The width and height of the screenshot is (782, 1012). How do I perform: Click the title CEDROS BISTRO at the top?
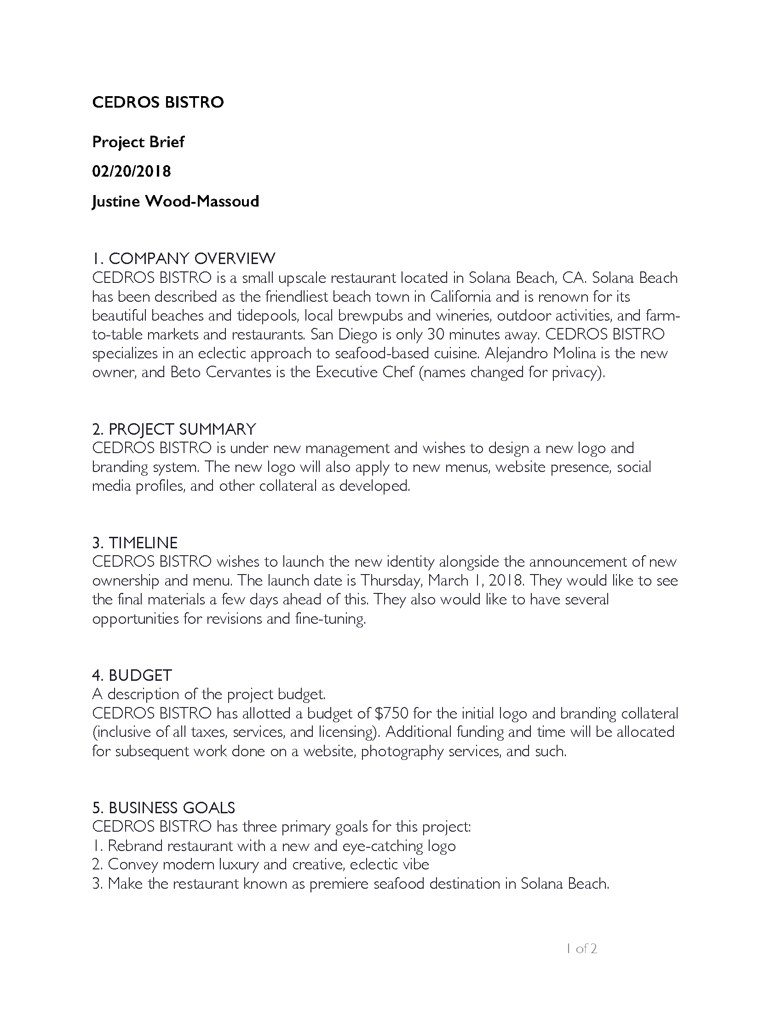click(158, 102)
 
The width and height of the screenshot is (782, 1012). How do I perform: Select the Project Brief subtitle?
click(138, 142)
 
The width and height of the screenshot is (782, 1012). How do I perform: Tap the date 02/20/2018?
click(132, 172)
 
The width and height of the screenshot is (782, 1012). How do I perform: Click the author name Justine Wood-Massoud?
click(176, 201)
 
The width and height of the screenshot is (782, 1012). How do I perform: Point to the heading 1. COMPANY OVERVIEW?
click(184, 258)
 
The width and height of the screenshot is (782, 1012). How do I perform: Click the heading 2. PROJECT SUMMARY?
click(174, 429)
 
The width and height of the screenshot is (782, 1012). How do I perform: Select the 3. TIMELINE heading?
click(135, 543)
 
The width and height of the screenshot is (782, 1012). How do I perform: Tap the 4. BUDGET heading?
click(132, 675)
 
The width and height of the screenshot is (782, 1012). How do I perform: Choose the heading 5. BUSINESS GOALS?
click(164, 808)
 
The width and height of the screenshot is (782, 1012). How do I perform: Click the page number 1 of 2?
click(581, 949)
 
